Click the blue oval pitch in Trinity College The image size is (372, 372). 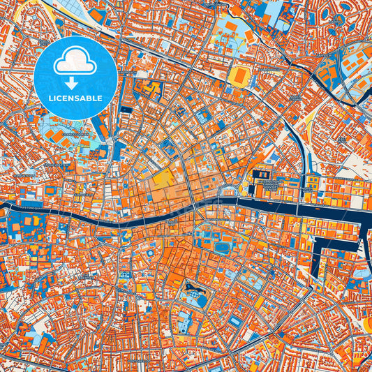point(223,247)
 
